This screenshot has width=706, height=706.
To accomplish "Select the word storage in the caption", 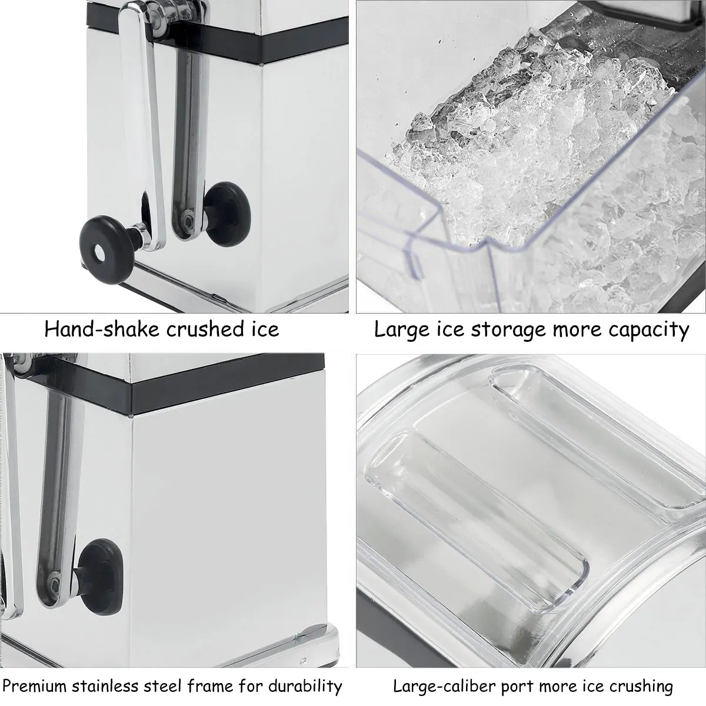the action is click(x=508, y=329).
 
